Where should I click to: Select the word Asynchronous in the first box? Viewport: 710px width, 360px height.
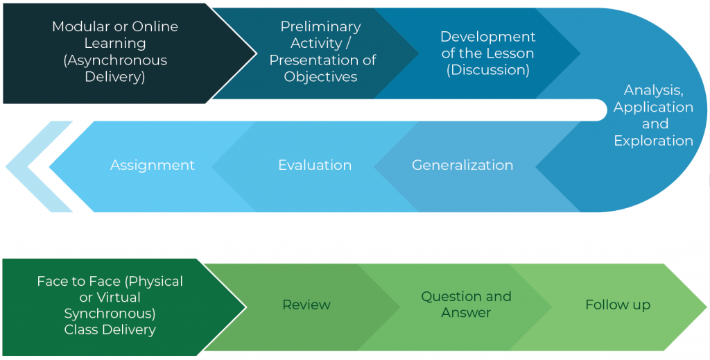click(116, 60)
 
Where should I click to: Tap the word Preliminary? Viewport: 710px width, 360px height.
click(320, 27)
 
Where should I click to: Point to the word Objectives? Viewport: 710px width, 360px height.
click(320, 77)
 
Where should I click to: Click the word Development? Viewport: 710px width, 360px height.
click(487, 37)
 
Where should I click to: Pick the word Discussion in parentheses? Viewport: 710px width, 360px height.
click(487, 70)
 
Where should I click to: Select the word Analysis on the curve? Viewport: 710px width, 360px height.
click(653, 91)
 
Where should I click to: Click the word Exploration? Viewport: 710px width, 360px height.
click(653, 140)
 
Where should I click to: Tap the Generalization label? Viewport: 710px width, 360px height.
click(462, 165)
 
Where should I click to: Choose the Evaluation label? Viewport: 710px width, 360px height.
click(315, 165)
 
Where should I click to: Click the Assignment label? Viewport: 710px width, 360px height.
click(152, 165)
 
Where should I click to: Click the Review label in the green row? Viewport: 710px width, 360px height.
click(306, 305)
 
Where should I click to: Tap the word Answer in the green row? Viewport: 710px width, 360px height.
click(466, 312)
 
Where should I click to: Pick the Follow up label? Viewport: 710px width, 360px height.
click(618, 305)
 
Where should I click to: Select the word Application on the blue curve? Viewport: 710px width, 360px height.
click(653, 108)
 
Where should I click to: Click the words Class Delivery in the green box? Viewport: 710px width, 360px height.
click(110, 329)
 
